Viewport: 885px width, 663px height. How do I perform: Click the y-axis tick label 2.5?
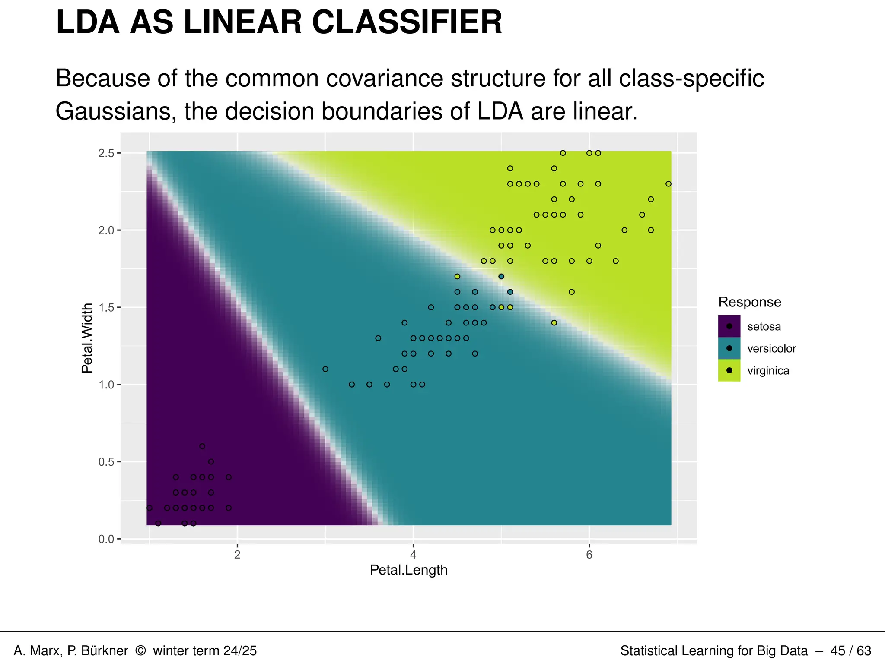pos(106,153)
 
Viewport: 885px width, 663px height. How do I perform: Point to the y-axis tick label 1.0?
pos(106,385)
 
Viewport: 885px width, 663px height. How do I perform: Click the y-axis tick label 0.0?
pos(106,539)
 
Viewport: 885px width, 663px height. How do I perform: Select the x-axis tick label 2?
pos(237,555)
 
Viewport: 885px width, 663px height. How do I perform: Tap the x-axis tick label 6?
pos(589,555)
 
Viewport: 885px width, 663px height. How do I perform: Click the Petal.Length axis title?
pos(408,570)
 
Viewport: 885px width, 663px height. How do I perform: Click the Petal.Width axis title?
pos(87,338)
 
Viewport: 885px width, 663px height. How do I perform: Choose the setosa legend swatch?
pos(729,326)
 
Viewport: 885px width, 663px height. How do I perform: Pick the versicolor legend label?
pos(771,349)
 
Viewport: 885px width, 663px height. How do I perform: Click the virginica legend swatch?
pos(729,370)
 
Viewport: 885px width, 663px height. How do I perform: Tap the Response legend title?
pos(749,302)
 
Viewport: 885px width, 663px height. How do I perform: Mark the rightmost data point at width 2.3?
pos(668,184)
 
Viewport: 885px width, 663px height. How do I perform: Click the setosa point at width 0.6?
pos(202,446)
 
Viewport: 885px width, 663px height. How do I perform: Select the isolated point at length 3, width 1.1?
pos(325,369)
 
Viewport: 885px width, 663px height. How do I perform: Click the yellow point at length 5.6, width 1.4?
pos(554,323)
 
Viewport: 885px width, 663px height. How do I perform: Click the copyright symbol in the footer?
pos(140,650)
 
